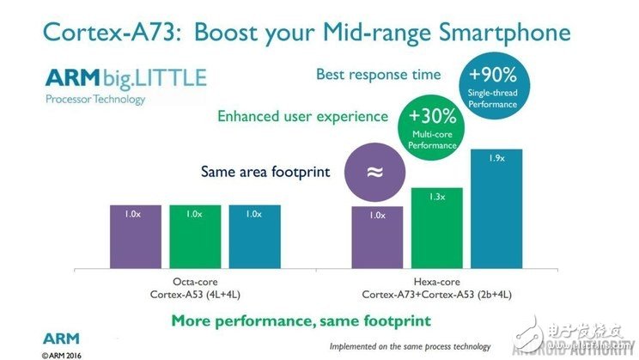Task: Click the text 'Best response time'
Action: pos(378,75)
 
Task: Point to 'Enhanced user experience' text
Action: pos(302,116)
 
